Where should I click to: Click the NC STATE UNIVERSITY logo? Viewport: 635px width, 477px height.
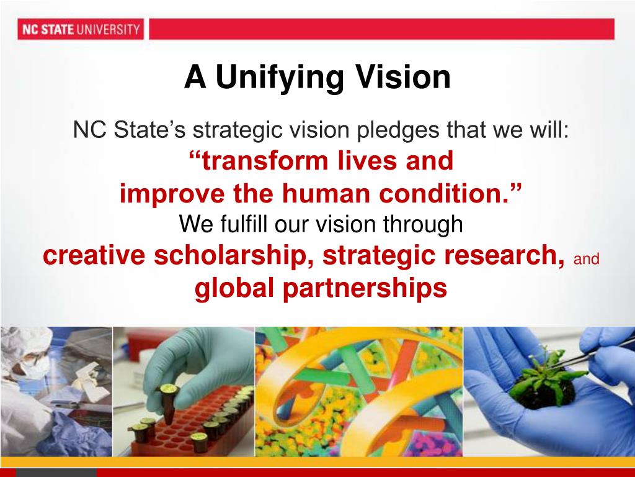(80, 29)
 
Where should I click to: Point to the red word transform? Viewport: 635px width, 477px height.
(264, 161)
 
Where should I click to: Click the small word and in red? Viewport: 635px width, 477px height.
(587, 260)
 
